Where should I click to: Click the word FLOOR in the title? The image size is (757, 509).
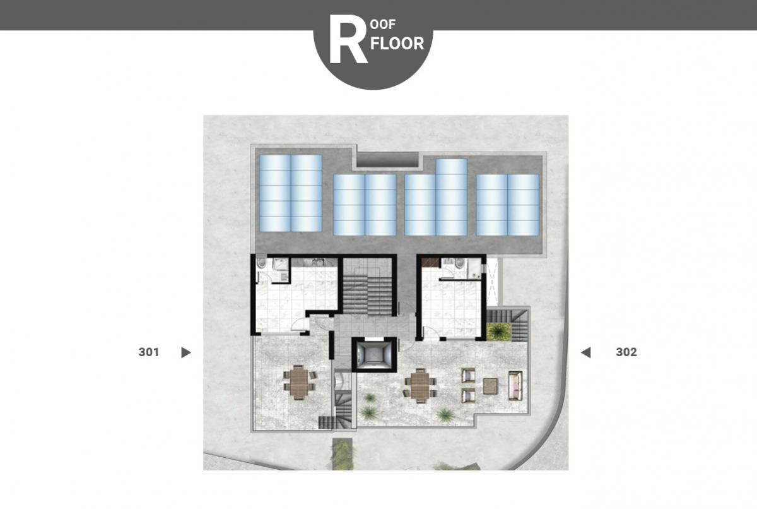[397, 44]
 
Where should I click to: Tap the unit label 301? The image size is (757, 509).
[149, 352]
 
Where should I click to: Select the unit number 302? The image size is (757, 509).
[626, 352]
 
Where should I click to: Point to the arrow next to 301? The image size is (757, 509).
[186, 352]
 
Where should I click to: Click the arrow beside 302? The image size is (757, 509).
[585, 352]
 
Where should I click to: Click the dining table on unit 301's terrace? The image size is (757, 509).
[299, 382]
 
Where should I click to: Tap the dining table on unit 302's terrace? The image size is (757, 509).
[420, 386]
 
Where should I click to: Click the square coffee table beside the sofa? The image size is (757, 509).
[490, 386]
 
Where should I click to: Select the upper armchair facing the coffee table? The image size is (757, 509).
[468, 376]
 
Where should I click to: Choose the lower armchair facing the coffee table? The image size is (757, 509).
[468, 396]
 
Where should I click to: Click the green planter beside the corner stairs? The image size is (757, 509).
[498, 332]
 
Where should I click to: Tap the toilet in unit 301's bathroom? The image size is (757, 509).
[261, 263]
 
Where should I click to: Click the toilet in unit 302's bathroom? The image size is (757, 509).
[460, 263]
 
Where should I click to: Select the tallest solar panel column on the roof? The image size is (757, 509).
[452, 197]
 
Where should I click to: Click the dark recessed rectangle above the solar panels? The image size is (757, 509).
[387, 160]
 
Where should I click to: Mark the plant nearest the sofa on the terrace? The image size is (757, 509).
[445, 414]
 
